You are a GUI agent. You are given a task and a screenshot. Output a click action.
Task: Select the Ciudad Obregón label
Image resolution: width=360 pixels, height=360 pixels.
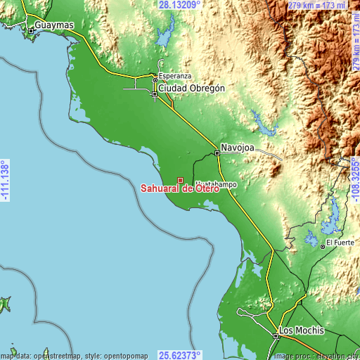point(192,89)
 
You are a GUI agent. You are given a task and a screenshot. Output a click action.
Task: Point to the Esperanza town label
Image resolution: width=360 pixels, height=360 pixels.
point(173,75)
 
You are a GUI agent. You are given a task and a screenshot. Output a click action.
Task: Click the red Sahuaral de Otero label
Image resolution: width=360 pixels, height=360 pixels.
point(179,188)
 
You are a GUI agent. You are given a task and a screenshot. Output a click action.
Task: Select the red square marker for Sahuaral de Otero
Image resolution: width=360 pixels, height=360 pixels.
point(180,180)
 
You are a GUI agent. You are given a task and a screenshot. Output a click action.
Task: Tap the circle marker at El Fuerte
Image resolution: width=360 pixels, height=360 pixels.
point(323,246)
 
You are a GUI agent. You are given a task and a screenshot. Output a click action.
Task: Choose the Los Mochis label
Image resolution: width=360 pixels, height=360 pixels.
point(302,330)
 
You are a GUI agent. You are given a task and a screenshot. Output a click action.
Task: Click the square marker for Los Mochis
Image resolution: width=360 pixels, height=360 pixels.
point(276,337)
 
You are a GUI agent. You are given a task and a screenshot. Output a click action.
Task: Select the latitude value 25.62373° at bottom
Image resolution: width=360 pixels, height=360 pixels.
point(179,354)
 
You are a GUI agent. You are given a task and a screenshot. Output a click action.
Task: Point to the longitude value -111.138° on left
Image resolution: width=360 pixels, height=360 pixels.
point(5,180)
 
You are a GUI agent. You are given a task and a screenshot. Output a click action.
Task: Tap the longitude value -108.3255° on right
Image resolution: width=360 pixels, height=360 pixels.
point(354,180)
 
